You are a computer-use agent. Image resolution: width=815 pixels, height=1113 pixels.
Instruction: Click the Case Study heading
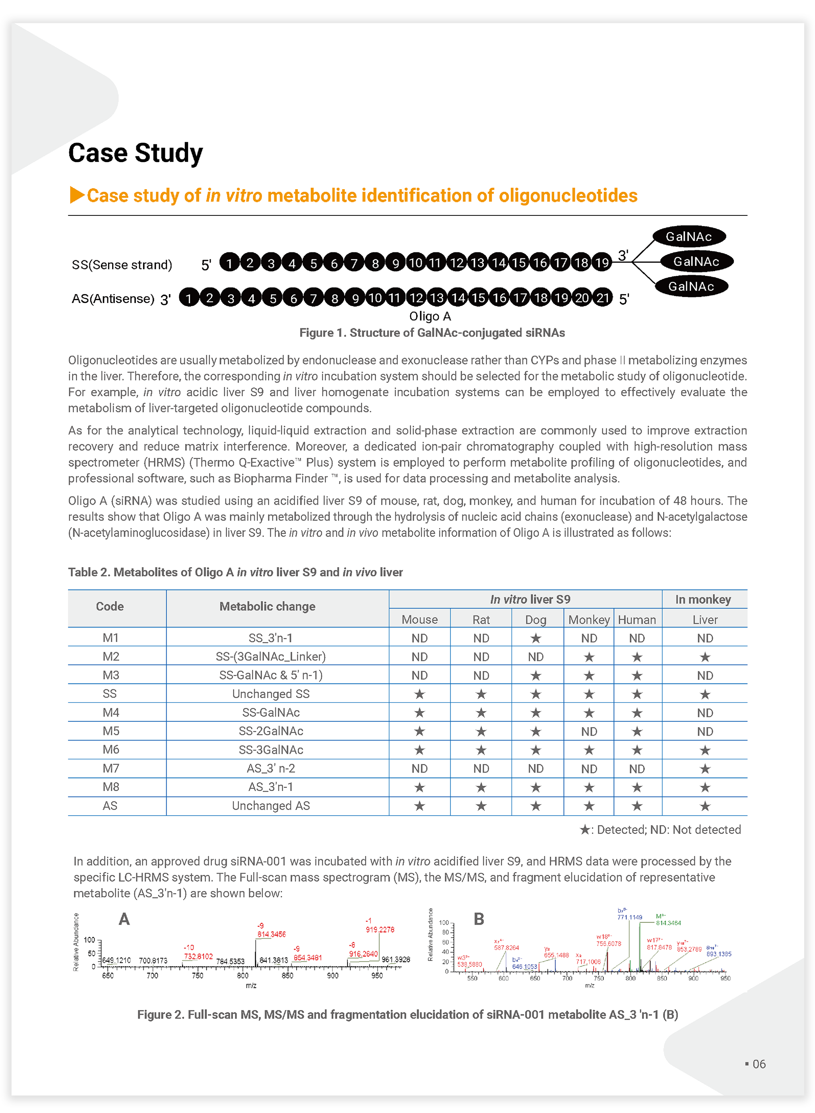click(135, 153)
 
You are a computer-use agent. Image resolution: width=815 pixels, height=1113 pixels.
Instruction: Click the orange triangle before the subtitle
click(76, 195)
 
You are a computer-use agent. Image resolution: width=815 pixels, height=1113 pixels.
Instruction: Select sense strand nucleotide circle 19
click(602, 263)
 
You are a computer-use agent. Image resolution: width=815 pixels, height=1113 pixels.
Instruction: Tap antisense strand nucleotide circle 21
click(603, 298)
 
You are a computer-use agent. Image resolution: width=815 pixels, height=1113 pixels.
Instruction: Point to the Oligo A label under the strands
click(430, 316)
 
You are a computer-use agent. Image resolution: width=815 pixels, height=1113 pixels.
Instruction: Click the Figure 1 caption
click(432, 333)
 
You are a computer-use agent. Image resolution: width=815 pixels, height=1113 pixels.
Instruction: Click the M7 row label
click(111, 768)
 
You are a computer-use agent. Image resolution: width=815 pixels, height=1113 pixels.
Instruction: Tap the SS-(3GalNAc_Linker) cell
click(270, 657)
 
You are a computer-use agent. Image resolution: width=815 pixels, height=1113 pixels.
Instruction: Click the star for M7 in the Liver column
click(704, 769)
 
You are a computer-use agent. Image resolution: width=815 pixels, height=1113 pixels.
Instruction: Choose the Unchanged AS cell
click(270, 806)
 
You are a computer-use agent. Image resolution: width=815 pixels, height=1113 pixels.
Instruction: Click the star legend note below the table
click(660, 830)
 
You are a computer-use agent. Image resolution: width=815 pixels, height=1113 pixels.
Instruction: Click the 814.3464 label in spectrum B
click(668, 923)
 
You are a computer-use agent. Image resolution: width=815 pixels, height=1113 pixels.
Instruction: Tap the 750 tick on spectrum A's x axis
click(197, 975)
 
